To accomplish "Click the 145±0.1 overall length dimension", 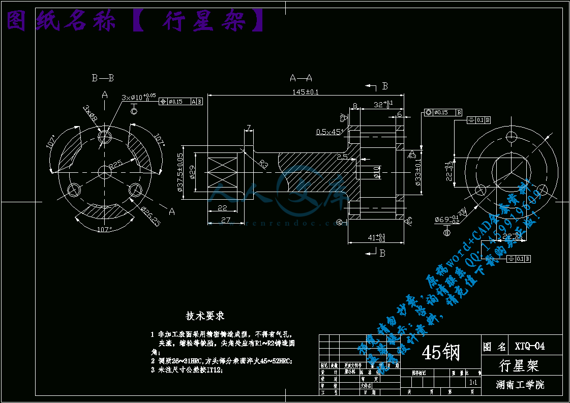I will point(305,92).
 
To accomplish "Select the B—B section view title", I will point(103,78).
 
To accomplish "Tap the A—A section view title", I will point(301,78).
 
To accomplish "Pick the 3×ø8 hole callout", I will point(90,114).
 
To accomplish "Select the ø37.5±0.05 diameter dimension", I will point(180,173).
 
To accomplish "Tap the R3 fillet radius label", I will point(263,163).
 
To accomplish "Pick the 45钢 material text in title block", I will point(440,352).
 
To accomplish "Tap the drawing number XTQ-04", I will point(529,347).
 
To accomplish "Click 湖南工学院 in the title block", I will point(520,385).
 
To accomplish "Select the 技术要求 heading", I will point(205,316).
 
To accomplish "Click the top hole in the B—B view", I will point(105,137).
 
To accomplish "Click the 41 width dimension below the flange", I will point(377,237).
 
